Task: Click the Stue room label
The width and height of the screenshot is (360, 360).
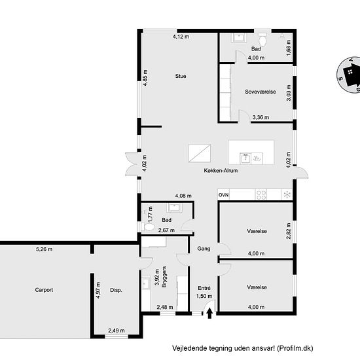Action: tap(181, 76)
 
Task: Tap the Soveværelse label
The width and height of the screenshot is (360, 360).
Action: tap(260, 92)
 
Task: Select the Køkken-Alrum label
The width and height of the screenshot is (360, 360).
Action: tap(221, 171)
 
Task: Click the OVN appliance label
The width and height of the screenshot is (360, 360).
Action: tap(223, 195)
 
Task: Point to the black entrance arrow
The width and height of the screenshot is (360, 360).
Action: tap(209, 314)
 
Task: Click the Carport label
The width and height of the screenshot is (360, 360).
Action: tap(44, 290)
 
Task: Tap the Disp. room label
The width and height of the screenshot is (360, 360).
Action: tap(116, 290)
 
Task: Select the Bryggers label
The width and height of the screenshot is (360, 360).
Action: tap(164, 277)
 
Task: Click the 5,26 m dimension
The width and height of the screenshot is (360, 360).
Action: tap(44, 249)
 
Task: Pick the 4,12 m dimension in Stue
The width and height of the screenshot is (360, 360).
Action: tap(181, 37)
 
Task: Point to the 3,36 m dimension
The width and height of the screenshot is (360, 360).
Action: tap(261, 117)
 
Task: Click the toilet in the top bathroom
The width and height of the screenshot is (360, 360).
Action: tap(262, 39)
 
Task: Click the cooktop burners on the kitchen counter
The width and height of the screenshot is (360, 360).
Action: tap(261, 194)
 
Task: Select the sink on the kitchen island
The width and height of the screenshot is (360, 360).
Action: tap(245, 158)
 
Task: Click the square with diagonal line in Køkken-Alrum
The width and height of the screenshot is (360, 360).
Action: tap(200, 153)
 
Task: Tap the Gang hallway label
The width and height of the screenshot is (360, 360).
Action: tap(204, 249)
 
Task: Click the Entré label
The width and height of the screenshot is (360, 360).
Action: tap(204, 288)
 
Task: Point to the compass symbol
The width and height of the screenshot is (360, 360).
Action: tap(348, 75)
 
